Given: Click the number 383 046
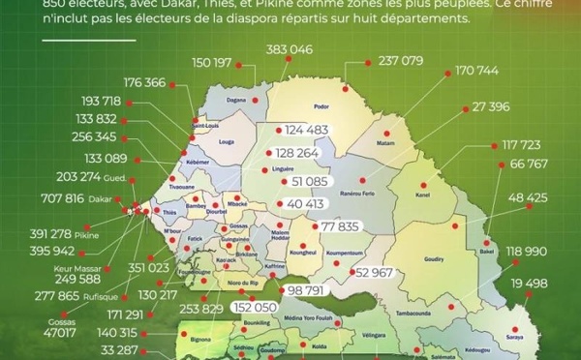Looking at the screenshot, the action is (289, 49).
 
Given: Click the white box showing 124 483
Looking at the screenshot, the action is (301, 130).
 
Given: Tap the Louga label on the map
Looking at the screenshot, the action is (228, 141).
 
